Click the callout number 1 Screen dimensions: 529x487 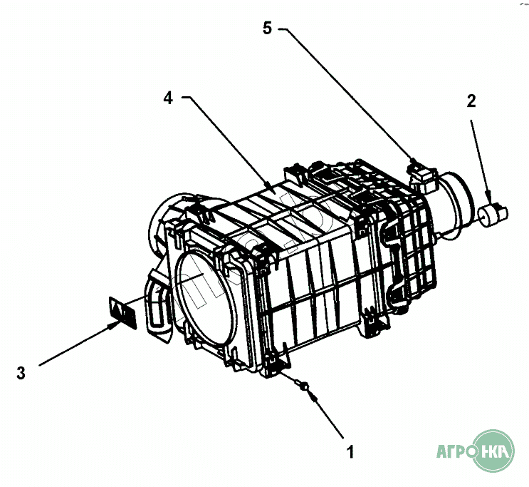click(350, 451)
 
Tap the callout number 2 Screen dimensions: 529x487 click(471, 101)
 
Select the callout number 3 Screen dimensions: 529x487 click(21, 372)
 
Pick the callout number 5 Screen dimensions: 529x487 click(267, 29)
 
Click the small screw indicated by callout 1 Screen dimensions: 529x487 click(305, 386)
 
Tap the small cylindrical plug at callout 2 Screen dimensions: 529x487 click(491, 213)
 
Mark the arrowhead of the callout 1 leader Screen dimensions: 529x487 click(311, 393)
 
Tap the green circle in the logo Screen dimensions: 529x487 click(496, 451)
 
